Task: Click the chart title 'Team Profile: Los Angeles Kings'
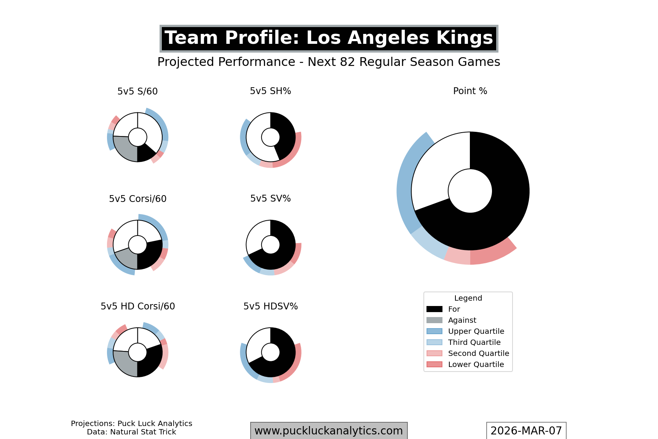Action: [x=329, y=38]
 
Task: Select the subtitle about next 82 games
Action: [x=329, y=62]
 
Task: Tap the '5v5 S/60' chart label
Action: [x=137, y=91]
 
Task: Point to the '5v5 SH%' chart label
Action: [x=270, y=91]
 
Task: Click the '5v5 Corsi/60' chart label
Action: [x=137, y=199]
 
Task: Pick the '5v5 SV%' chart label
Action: [x=270, y=199]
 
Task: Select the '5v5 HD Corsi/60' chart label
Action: [x=137, y=306]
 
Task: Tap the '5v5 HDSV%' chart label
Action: [x=270, y=306]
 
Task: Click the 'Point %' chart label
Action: [x=470, y=91]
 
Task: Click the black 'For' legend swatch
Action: [x=434, y=309]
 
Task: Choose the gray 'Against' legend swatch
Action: [x=434, y=320]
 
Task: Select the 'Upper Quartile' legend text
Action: [x=476, y=331]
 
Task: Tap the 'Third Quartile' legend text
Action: [x=474, y=342]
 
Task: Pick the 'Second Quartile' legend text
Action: [x=478, y=353]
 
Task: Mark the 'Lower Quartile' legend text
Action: [x=476, y=364]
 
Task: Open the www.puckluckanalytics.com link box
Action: [x=329, y=431]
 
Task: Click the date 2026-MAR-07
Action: [x=526, y=431]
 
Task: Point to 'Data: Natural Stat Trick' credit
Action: [x=131, y=432]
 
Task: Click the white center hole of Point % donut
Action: [x=470, y=191]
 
